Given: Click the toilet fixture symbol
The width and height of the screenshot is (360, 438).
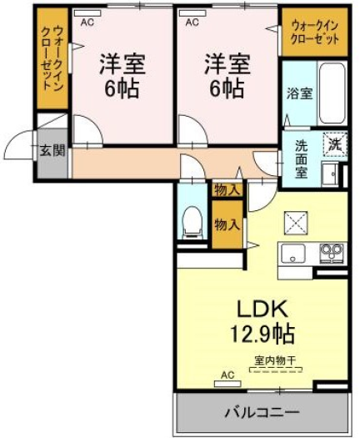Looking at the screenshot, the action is [x=192, y=223].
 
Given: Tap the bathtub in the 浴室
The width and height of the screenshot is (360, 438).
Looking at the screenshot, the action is [x=332, y=93].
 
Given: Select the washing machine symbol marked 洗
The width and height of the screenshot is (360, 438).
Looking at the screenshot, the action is [x=335, y=144].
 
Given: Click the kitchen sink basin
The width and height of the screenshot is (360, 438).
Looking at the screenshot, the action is [x=292, y=254].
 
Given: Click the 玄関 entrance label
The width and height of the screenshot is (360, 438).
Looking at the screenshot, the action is [x=52, y=151].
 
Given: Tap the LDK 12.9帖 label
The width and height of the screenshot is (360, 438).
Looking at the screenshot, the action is [x=262, y=321].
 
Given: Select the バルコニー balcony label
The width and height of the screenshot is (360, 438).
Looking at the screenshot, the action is [x=262, y=412].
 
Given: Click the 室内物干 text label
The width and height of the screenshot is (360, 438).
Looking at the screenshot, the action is [x=275, y=360].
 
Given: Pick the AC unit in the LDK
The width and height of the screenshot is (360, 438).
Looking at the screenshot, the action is [x=227, y=384].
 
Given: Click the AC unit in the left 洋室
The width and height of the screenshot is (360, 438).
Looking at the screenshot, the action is [x=87, y=13].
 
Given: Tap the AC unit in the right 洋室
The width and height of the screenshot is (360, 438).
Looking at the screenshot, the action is [x=192, y=13].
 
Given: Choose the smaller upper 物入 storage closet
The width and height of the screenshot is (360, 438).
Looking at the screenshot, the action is [x=227, y=190].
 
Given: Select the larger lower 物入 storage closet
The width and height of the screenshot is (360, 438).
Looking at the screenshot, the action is [x=227, y=224].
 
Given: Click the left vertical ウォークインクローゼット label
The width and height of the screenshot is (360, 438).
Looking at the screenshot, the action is [x=52, y=58].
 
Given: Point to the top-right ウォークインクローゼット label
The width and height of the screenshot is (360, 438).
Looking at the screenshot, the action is [x=314, y=33].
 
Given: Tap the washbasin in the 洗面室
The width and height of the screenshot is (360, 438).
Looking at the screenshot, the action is [x=329, y=174].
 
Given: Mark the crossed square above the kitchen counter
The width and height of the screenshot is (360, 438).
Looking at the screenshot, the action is [x=296, y=224].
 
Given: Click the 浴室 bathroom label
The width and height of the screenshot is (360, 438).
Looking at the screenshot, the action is [x=299, y=93].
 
